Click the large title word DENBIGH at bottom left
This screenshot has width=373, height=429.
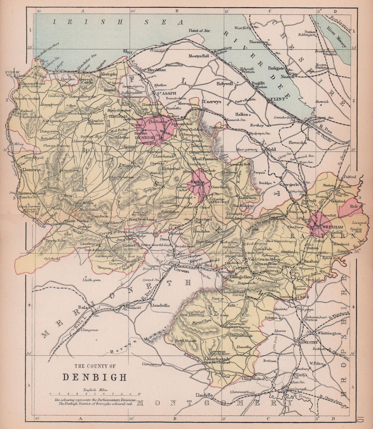pos(95,377)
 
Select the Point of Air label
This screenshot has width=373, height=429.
pos(200,31)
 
